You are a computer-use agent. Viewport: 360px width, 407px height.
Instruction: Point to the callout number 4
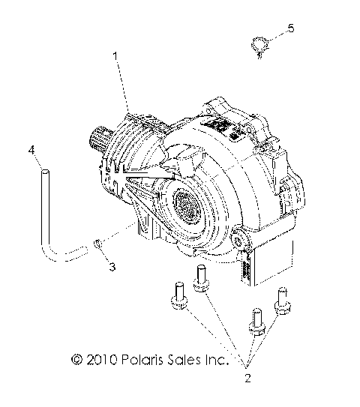pyautogui.click(x=32, y=151)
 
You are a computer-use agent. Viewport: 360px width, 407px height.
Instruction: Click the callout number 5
pyautogui.click(x=290, y=28)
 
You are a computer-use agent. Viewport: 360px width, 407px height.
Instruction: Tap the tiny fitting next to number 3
pyautogui.click(x=99, y=243)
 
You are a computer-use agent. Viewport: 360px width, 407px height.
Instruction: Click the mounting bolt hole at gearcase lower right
pyautogui.click(x=240, y=240)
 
